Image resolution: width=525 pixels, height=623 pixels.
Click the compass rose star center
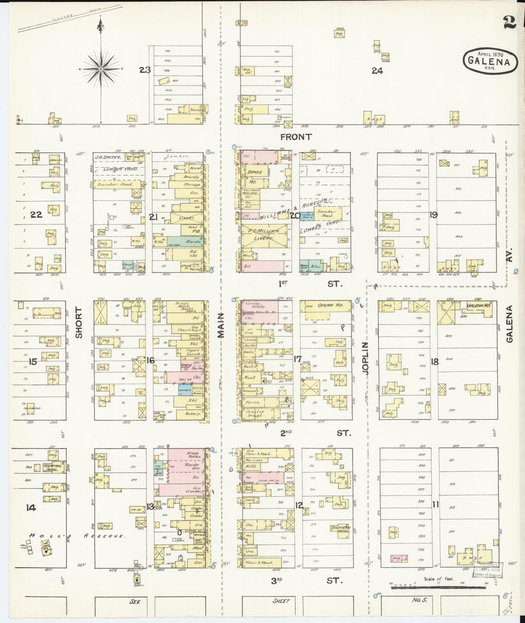pyautogui.click(x=101, y=69)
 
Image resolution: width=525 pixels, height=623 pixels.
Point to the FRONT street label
pyautogui.click(x=296, y=137)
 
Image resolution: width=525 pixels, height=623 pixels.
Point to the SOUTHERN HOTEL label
pyautogui.click(x=340, y=529)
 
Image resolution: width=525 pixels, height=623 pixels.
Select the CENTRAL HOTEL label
pyautogui.click(x=53, y=467)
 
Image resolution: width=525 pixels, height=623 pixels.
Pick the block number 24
pyautogui.click(x=378, y=71)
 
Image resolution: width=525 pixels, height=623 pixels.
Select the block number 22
pyautogui.click(x=36, y=214)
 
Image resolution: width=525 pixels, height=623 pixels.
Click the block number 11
pyautogui.click(x=435, y=505)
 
